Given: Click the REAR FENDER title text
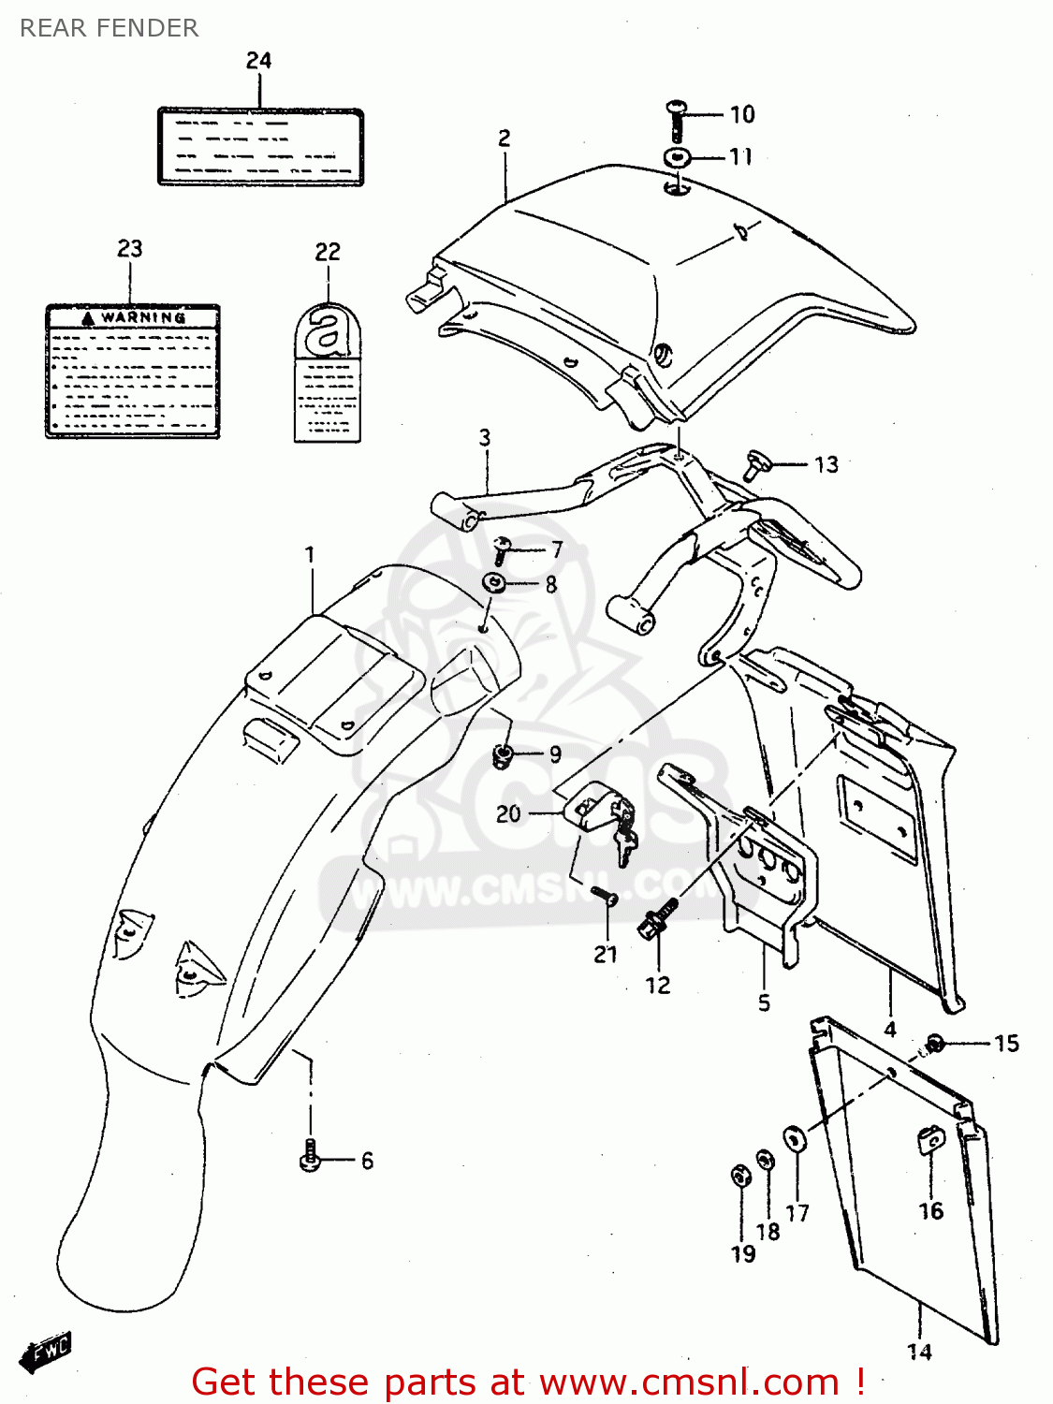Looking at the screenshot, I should [x=109, y=28].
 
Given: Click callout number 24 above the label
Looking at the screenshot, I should [x=258, y=61].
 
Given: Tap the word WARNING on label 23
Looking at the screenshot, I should [x=142, y=317].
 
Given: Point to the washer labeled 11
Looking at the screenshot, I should [x=677, y=157].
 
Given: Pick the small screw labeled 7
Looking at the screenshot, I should [x=503, y=550].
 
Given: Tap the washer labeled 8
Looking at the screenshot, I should [x=495, y=584].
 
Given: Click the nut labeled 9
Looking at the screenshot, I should [x=503, y=754].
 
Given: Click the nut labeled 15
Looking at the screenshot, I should [x=934, y=1044].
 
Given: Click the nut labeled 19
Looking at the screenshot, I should [x=739, y=1176].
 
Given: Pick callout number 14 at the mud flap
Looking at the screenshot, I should [x=919, y=1352].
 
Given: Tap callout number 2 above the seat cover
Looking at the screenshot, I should [x=505, y=139].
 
